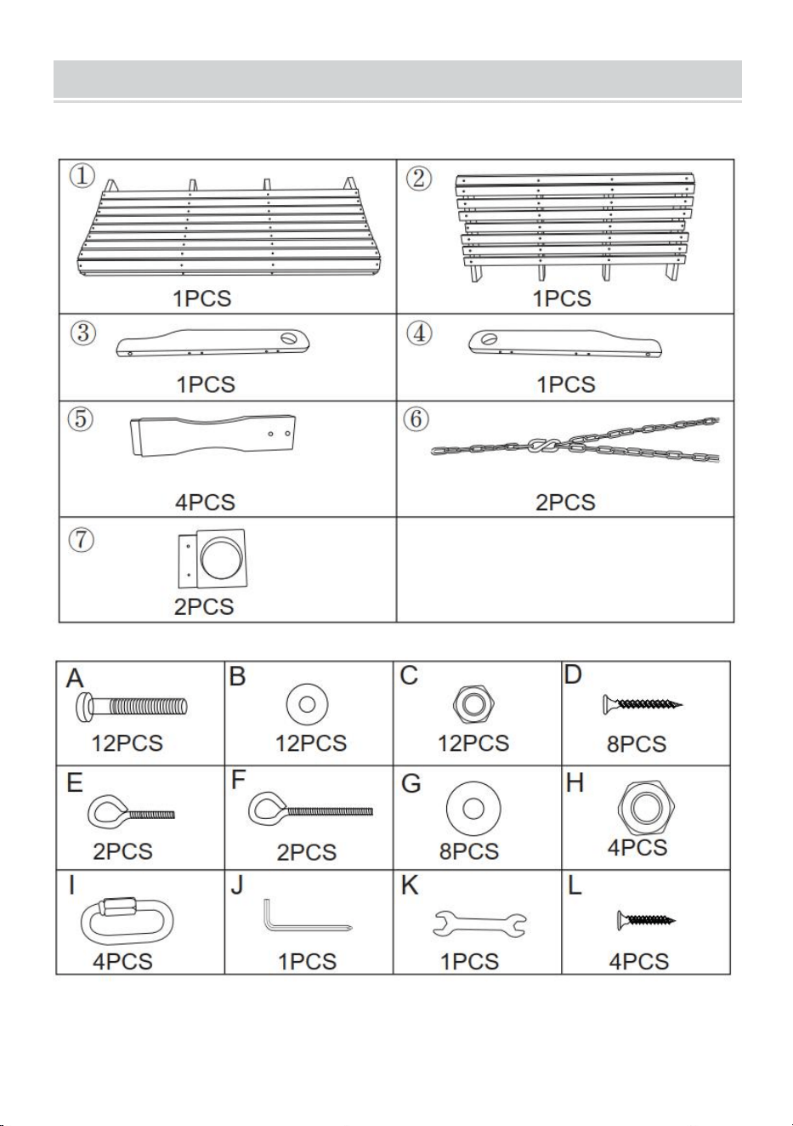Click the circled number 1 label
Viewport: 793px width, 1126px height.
pos(82,175)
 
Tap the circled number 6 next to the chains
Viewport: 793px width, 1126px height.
pos(416,418)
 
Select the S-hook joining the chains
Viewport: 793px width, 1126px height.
pos(545,445)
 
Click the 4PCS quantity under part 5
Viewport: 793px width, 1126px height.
pos(205,502)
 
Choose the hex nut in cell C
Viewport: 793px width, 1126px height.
pos(473,704)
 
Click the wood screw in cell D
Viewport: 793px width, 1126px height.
pos(643,704)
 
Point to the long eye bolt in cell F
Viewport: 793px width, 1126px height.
pos(310,810)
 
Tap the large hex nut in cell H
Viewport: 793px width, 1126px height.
pos(646,807)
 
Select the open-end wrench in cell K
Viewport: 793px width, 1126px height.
pos(479,924)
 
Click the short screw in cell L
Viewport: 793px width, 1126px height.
pos(646,920)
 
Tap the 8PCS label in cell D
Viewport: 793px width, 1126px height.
pos(637,744)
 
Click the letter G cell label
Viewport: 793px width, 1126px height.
pos(411,783)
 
